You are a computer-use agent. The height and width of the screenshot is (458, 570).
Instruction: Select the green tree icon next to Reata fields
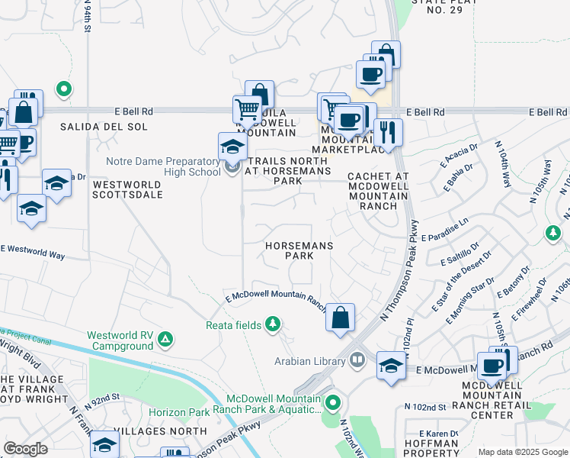point(272,325)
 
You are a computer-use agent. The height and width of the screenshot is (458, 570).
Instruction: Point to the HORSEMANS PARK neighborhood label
point(289,251)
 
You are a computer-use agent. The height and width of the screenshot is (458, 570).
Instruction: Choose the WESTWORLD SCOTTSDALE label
point(127,189)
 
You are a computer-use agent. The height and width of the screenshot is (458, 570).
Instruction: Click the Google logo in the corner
point(25,449)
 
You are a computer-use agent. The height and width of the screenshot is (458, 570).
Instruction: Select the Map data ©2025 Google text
point(522,452)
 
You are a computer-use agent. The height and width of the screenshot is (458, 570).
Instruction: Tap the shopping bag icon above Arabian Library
point(340,317)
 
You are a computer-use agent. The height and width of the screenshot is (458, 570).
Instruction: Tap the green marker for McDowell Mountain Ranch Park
point(332,401)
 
